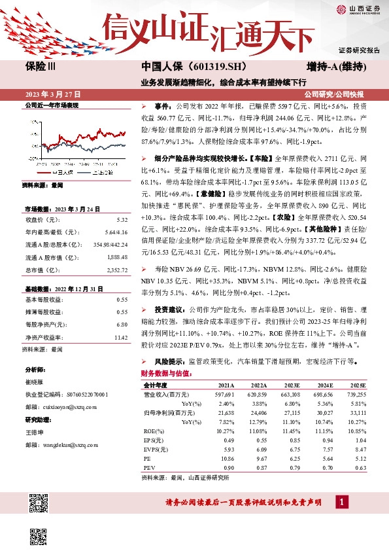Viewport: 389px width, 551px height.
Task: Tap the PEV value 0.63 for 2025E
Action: [360, 469]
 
